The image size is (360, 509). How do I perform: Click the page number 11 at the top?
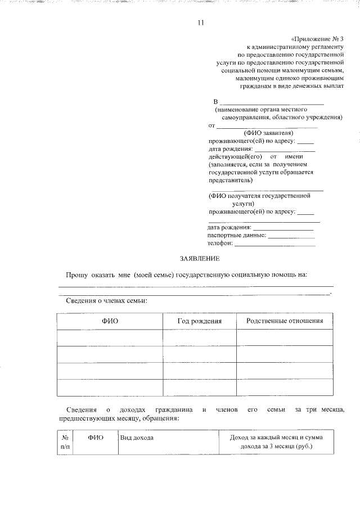(201, 23)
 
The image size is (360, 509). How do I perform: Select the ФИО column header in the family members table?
(110, 321)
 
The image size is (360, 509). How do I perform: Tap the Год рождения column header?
(200, 321)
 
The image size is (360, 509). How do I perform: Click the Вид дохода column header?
(137, 437)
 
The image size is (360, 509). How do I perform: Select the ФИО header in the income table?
(96, 437)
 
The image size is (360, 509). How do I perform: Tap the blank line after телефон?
(274, 245)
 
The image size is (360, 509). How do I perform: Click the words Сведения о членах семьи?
(103, 301)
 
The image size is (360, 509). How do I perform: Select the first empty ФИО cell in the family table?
(110, 337)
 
